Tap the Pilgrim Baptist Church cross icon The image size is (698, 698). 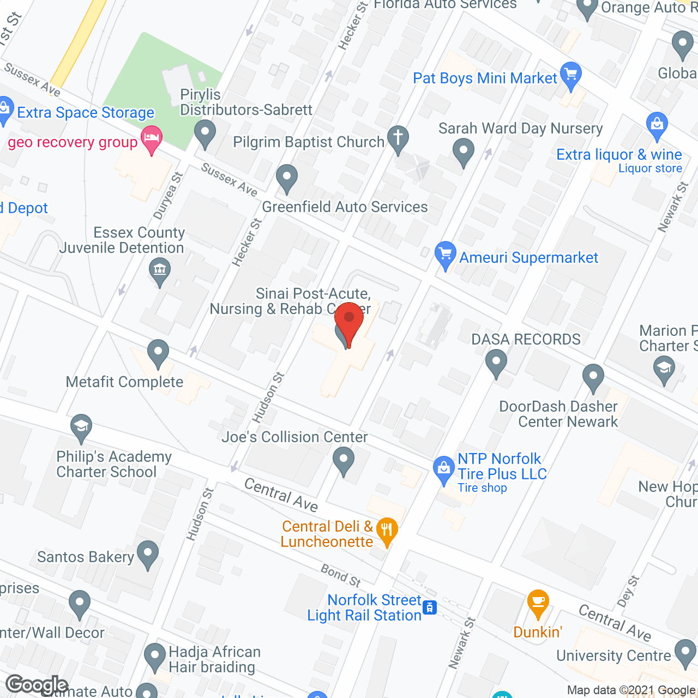(x=398, y=138)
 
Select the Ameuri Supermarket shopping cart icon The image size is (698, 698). (x=446, y=255)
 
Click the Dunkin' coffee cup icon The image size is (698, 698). (x=538, y=604)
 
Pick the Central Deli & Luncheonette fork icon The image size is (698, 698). (x=387, y=531)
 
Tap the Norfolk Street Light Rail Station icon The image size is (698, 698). (x=430, y=607)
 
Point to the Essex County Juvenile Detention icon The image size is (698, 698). (x=160, y=271)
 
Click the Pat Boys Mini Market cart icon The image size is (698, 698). (x=571, y=76)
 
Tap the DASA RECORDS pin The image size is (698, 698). (x=496, y=363)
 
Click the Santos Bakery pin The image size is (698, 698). (x=148, y=554)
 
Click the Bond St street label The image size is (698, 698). (x=341, y=575)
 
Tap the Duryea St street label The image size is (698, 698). (x=169, y=196)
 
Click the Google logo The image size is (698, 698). (x=37, y=685)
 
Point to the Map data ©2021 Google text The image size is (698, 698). (x=631, y=690)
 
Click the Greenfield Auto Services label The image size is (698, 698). (x=345, y=207)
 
